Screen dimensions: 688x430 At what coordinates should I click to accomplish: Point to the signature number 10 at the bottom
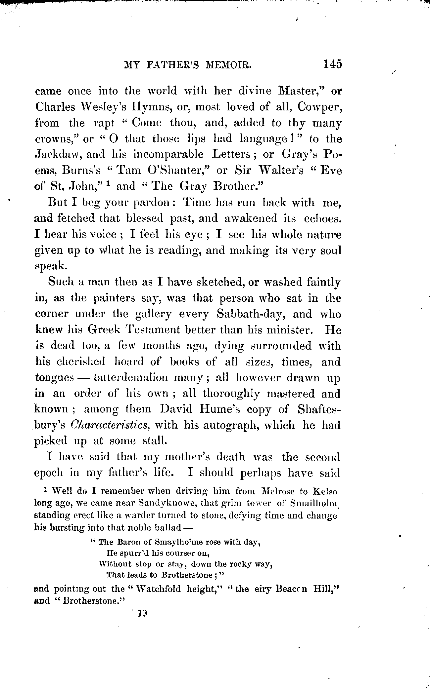tap(142, 613)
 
